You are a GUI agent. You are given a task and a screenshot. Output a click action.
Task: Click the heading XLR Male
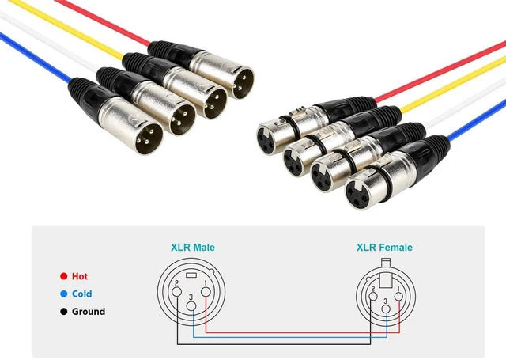tap(193, 248)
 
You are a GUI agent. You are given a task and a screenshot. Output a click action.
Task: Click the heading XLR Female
tap(384, 248)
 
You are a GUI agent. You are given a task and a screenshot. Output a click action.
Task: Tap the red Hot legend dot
tap(64, 276)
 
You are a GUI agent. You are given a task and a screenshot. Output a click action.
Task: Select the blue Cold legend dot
tap(64, 294)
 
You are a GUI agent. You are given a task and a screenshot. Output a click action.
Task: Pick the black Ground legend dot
tap(64, 312)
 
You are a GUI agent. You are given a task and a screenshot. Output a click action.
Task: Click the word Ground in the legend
tap(89, 312)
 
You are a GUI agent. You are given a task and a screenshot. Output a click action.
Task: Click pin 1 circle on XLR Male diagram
tap(206, 292)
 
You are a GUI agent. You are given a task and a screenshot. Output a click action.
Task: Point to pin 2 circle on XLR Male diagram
tap(177, 292)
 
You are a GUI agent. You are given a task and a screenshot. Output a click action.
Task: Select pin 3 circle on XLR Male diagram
tap(191, 305)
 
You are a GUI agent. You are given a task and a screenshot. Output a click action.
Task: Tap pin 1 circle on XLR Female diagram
tap(398, 297)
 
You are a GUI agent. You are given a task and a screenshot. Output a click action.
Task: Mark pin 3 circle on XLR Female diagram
tap(386, 309)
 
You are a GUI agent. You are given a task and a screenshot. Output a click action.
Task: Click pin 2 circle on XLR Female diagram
tap(373, 297)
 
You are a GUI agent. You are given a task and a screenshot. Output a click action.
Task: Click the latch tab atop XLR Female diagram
tap(386, 273)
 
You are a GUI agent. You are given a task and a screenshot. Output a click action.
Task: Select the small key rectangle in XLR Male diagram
tap(191, 275)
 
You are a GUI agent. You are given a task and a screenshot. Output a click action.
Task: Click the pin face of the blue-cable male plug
tap(149, 138)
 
